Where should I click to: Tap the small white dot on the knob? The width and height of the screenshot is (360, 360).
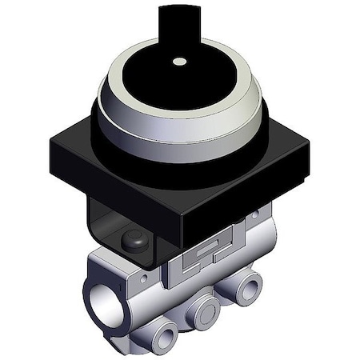180,61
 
